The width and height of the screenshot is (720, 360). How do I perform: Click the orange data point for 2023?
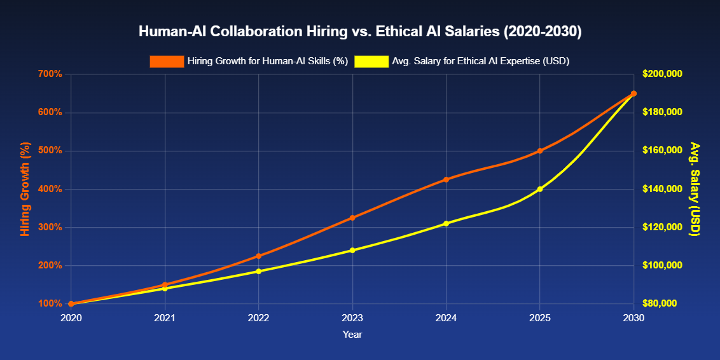pyautogui.click(x=352, y=218)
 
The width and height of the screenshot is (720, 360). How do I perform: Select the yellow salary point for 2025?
pyautogui.click(x=540, y=189)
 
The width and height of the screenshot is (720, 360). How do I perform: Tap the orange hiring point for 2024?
pyautogui.click(x=446, y=179)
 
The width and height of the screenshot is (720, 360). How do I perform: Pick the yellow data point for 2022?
pyautogui.click(x=259, y=271)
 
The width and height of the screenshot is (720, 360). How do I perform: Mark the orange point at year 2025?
pyautogui.click(x=540, y=151)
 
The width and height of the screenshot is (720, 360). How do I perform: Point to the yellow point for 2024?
pyautogui.click(x=446, y=223)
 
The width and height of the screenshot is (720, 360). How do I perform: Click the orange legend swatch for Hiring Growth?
pyautogui.click(x=167, y=62)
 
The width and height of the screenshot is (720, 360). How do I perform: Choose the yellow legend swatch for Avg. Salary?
pyautogui.click(x=371, y=62)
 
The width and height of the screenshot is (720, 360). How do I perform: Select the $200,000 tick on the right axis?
pyautogui.click(x=662, y=74)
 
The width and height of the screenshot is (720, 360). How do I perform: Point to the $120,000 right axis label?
pyautogui.click(x=662, y=227)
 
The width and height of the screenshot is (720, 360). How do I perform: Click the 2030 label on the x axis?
pyautogui.click(x=633, y=317)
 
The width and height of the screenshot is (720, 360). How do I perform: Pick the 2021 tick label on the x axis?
pyautogui.click(x=165, y=317)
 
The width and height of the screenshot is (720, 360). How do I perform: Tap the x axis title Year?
pyautogui.click(x=352, y=334)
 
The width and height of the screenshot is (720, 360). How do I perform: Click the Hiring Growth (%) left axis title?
pyautogui.click(x=25, y=189)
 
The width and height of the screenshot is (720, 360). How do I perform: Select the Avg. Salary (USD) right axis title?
pyautogui.click(x=695, y=189)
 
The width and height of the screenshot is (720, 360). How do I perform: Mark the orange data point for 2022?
pyautogui.click(x=259, y=256)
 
